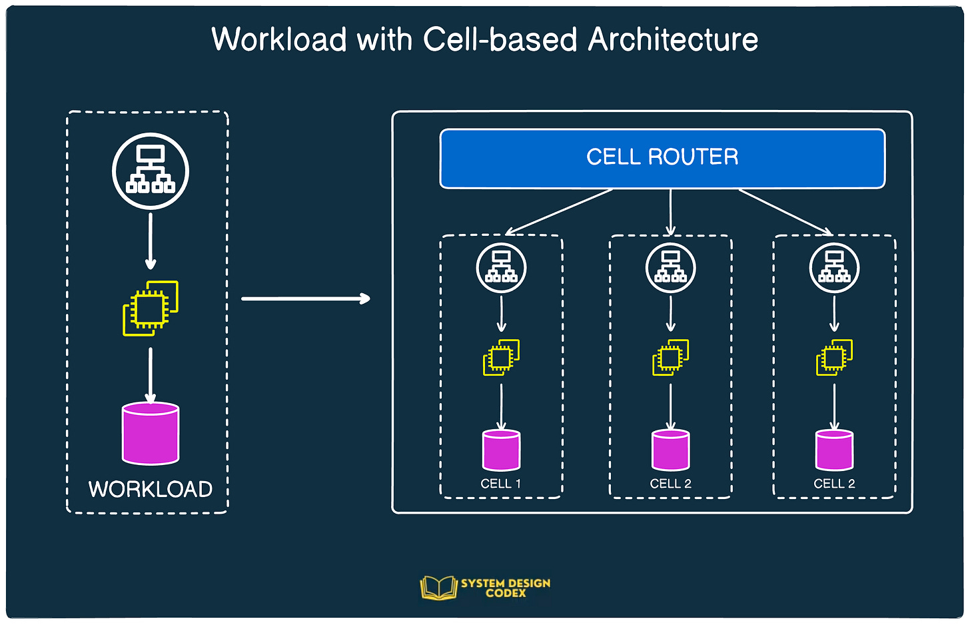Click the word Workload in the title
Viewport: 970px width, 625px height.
(x=279, y=39)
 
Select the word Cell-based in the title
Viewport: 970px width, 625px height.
(x=500, y=39)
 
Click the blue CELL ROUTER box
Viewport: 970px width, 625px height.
(x=662, y=158)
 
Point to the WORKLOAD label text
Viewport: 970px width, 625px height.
(x=151, y=489)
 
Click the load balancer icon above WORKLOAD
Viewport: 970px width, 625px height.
(x=151, y=171)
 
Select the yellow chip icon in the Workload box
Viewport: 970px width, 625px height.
(x=151, y=308)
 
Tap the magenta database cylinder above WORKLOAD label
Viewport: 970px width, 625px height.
(x=151, y=433)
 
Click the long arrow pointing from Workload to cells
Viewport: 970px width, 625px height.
(x=305, y=299)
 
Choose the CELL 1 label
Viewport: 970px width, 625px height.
(x=500, y=484)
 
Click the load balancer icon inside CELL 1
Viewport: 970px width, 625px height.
(x=501, y=268)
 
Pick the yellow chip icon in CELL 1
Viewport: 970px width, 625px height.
(x=501, y=358)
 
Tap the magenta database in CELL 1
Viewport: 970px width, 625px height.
(x=501, y=450)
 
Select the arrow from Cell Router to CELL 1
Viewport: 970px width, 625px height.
(x=560, y=211)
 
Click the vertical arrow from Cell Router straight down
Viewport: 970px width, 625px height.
(x=670, y=212)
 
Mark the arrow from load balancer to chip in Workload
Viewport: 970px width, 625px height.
(x=151, y=240)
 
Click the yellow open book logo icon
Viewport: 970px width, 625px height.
(x=438, y=588)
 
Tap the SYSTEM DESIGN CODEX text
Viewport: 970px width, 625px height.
(x=506, y=588)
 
